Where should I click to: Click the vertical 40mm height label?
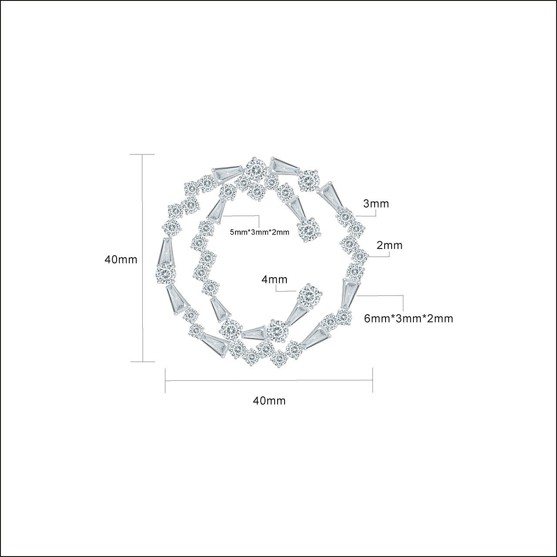[x=121, y=259]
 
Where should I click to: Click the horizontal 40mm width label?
[x=269, y=401]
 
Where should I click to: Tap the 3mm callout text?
[x=376, y=204]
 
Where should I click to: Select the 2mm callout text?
[x=389, y=245]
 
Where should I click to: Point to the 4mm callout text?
[x=274, y=279]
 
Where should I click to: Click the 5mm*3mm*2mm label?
[x=259, y=232]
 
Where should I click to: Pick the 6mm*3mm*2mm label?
[x=409, y=319]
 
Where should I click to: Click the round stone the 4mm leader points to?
[x=310, y=295]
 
